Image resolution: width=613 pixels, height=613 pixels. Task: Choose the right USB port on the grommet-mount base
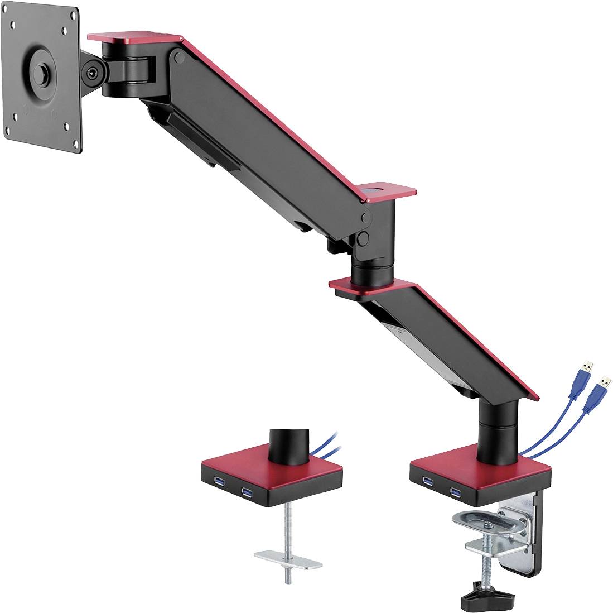click(246, 491)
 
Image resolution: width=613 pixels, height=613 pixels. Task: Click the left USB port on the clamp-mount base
click(428, 481)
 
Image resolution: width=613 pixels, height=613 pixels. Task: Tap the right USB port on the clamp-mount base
click(456, 491)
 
